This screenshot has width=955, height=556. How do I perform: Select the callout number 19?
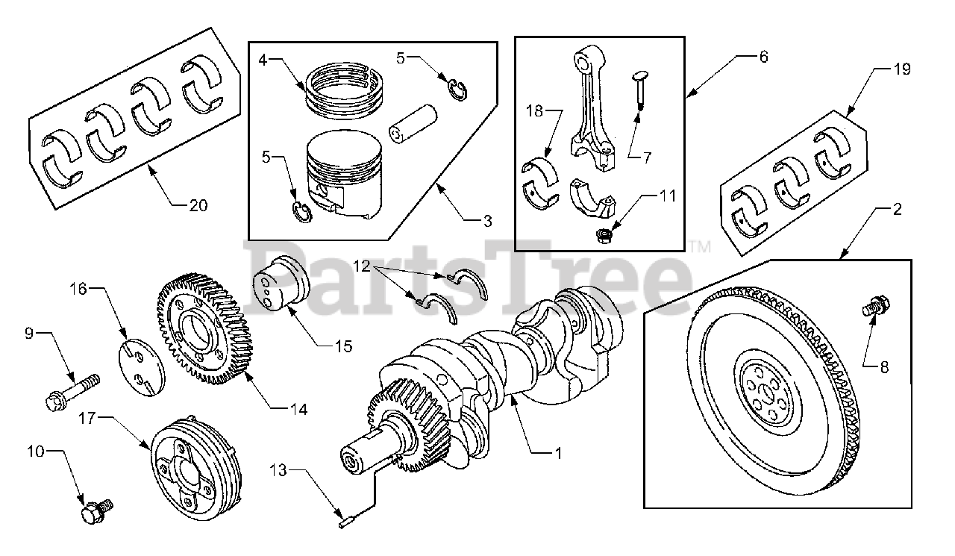[901, 70]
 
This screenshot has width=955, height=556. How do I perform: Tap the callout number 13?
[278, 470]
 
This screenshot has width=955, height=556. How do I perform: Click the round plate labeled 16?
[139, 366]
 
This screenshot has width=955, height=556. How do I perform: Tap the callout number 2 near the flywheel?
[896, 209]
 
